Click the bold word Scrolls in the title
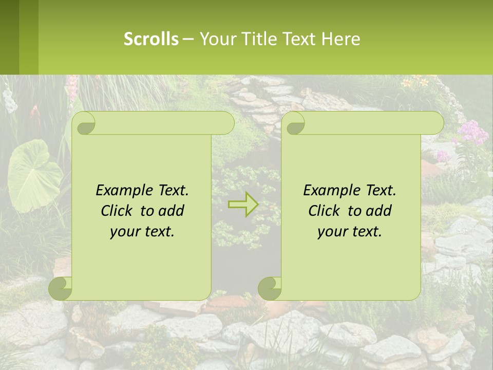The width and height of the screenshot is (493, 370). [151, 39]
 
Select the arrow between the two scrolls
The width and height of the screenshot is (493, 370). [243, 205]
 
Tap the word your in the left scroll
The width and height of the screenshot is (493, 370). [124, 232]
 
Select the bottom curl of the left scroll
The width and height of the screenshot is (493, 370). [60, 288]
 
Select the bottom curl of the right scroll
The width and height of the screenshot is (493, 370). [269, 288]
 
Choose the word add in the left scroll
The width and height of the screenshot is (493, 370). [172, 211]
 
